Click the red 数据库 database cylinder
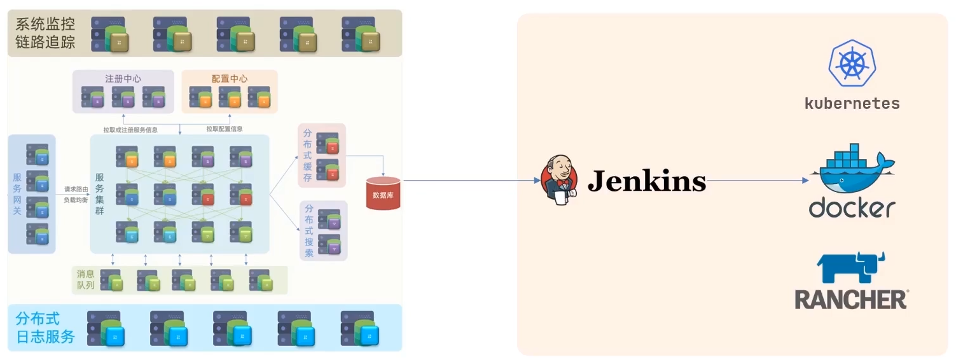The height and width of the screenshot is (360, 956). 384,193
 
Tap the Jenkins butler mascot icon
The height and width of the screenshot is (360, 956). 559,181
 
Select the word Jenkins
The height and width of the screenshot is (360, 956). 646,181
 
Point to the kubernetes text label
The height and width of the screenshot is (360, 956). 852,104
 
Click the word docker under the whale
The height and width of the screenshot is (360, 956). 852,208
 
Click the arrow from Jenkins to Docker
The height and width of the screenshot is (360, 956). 757,181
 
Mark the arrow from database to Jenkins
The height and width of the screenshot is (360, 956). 471,181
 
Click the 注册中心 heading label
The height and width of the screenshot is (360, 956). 123,79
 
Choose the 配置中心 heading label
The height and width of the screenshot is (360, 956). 230,79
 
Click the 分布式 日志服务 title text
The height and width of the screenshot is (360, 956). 45,328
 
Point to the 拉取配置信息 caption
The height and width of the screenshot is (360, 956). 224,129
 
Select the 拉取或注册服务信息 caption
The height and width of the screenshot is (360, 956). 131,130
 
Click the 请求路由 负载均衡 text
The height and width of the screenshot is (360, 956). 76,194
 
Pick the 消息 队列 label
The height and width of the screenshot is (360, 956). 85,279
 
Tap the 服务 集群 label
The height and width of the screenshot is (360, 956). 100,193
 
